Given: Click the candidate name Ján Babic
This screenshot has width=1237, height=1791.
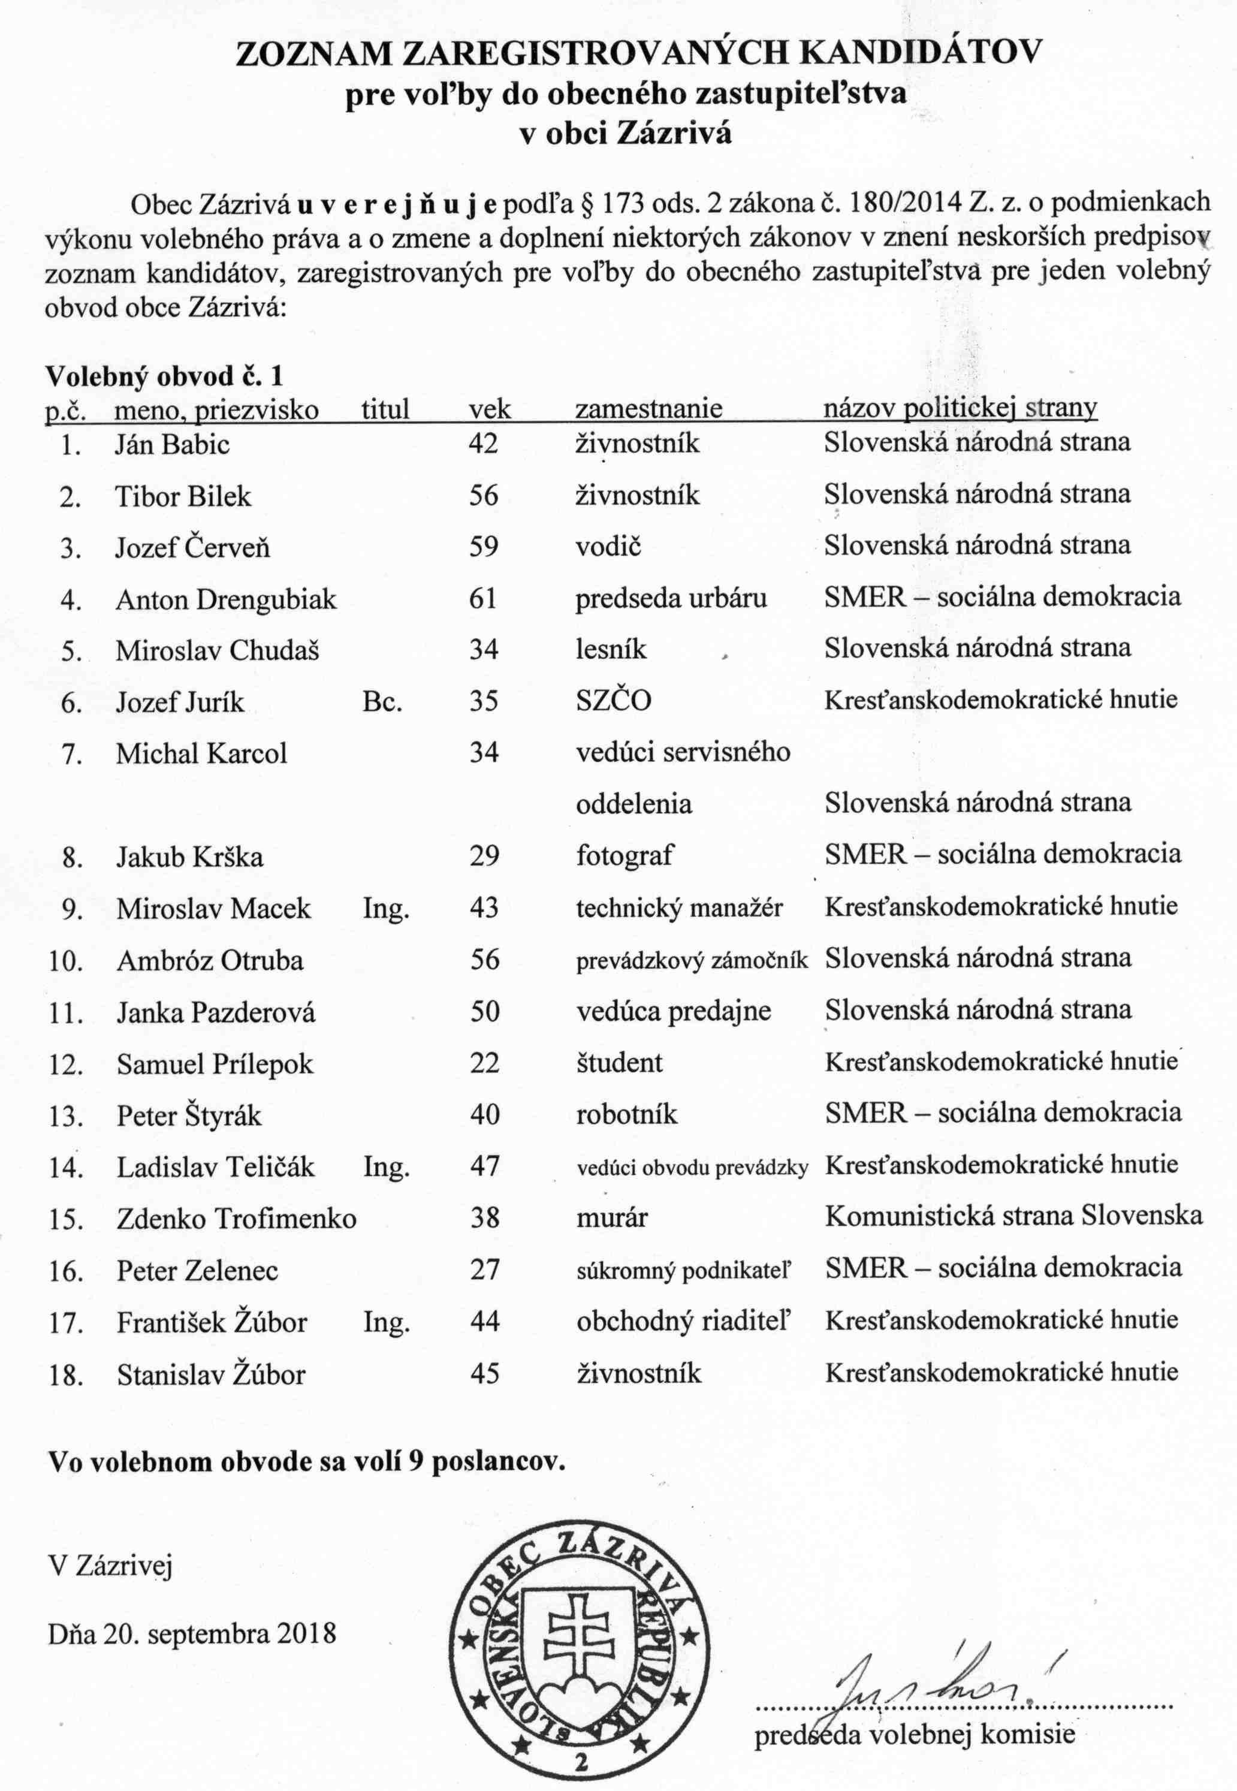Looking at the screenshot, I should pyautogui.click(x=172, y=444).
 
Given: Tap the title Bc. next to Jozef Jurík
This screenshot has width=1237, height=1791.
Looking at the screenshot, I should pyautogui.click(x=381, y=701).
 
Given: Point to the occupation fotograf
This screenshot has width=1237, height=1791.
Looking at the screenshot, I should pyautogui.click(x=624, y=855).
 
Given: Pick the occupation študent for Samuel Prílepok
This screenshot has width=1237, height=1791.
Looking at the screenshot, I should pyautogui.click(x=619, y=1062).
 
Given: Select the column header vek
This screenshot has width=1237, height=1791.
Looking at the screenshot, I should pyautogui.click(x=490, y=408).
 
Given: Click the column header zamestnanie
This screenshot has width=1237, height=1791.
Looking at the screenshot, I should pyautogui.click(x=648, y=408).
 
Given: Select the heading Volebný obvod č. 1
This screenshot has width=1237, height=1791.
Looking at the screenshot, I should pyautogui.click(x=164, y=376).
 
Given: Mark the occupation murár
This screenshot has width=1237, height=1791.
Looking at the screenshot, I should pyautogui.click(x=611, y=1217).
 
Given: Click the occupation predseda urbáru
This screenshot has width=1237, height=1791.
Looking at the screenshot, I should pyautogui.click(x=671, y=598).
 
